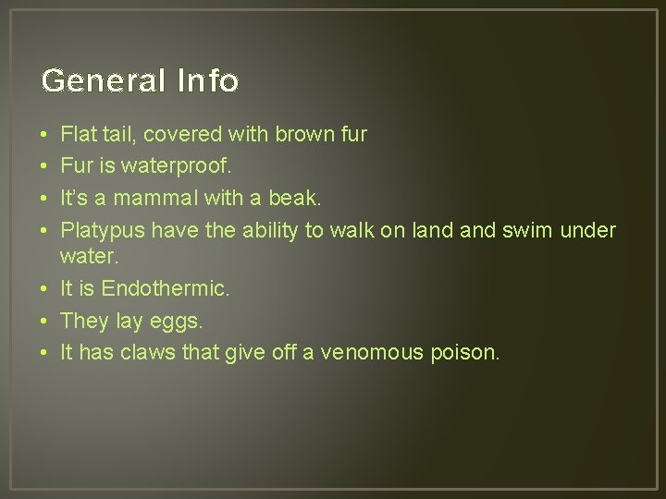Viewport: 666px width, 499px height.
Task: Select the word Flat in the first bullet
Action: [77, 134]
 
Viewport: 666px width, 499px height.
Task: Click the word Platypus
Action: [103, 230]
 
